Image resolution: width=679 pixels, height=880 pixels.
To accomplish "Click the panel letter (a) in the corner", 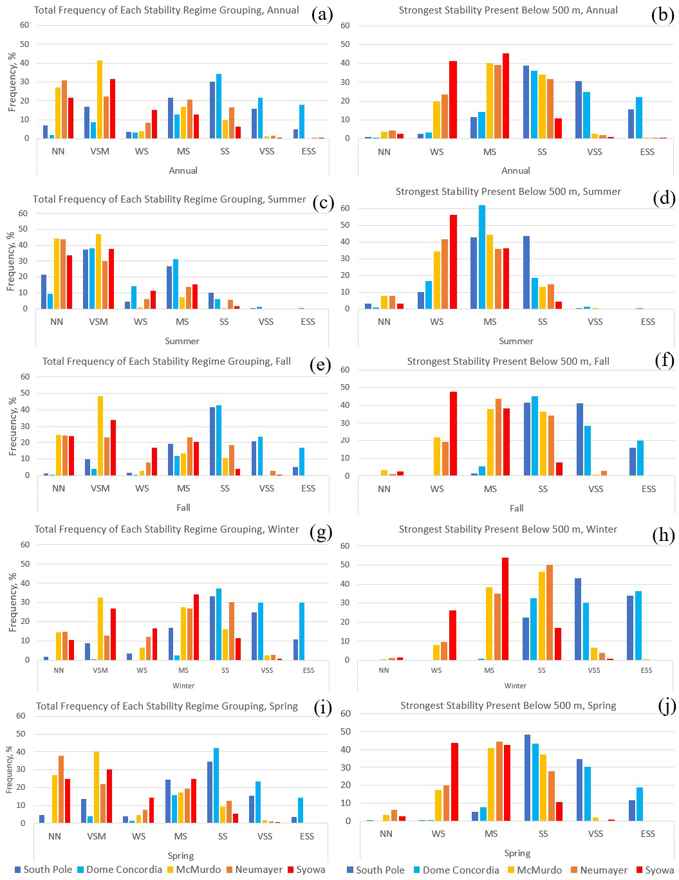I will tap(322, 14).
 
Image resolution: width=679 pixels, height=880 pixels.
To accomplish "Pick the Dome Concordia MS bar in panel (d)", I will tap(482, 257).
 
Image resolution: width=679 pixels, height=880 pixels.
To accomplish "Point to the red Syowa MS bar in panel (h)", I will tap(505, 609).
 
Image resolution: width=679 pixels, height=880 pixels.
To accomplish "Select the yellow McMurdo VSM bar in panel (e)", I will tap(100, 435).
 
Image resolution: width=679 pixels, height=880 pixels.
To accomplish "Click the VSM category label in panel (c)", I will tap(98, 322).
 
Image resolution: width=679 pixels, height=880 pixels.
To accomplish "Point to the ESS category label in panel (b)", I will tap(647, 152).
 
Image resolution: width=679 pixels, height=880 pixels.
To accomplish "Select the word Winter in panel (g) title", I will tap(283, 529).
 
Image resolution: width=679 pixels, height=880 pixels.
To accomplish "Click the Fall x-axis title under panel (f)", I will tap(516, 508).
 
